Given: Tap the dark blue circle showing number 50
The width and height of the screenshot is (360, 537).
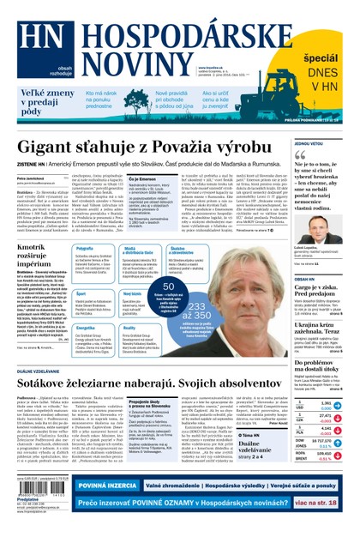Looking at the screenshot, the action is (171, 287).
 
